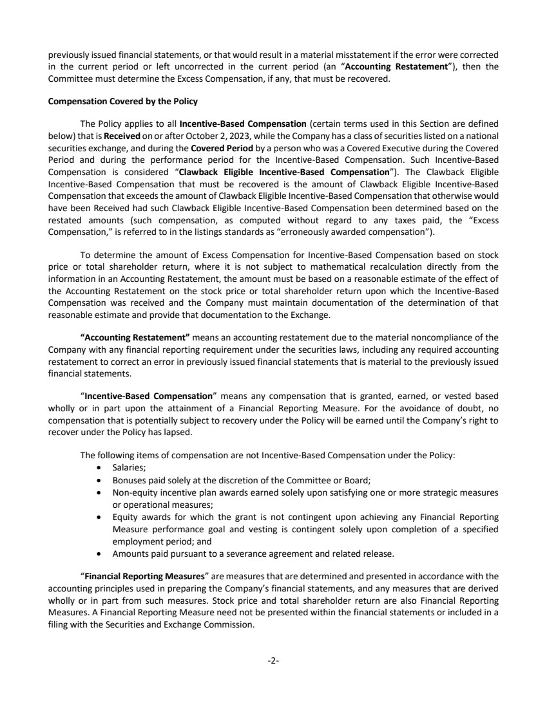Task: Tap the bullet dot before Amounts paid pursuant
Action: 97,553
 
